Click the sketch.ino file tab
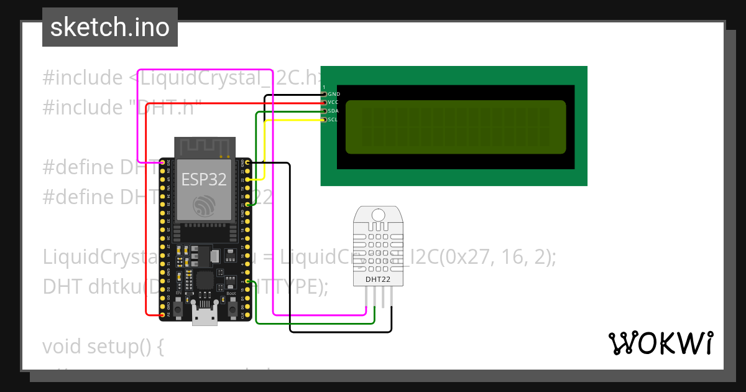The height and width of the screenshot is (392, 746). pos(109,27)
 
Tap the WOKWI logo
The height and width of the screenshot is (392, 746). pos(660,343)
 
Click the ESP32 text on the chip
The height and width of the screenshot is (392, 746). pos(204,179)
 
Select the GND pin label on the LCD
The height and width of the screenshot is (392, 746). pos(334,94)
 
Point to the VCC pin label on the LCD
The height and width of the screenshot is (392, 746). pos(334,102)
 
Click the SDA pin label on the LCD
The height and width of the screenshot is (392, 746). pos(334,111)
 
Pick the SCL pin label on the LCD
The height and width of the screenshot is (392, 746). pos(333,119)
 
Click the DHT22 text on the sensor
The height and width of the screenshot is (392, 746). pos(378,279)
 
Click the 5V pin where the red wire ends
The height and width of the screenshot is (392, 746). pos(163,315)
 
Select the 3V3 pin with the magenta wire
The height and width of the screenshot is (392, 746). pos(163,162)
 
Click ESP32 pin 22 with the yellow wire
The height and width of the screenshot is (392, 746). pos(247,179)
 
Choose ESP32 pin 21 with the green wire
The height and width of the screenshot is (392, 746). pos(247,204)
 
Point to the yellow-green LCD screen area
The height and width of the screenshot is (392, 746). pos(456,127)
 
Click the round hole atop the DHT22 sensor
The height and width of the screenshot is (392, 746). pos(378,215)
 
